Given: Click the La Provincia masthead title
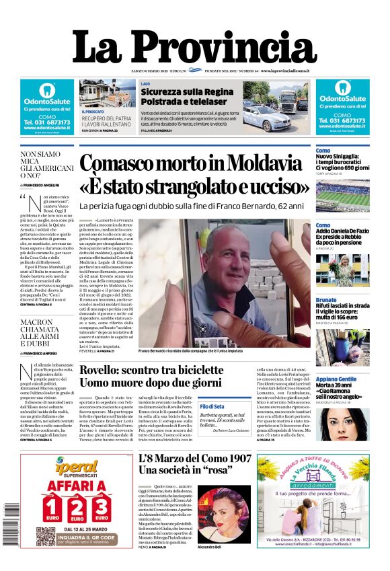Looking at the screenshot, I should (194, 48).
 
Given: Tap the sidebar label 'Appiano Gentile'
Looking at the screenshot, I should (336, 379).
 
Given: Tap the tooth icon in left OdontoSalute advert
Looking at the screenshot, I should (46, 89).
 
